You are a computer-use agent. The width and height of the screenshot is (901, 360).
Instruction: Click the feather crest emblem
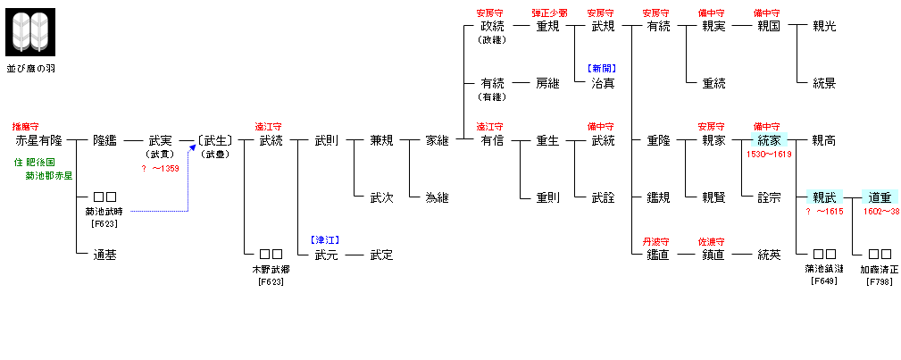click(x=30, y=32)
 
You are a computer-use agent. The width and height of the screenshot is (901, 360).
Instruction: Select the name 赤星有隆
click(x=39, y=140)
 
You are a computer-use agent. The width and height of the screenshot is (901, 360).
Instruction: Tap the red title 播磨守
click(x=26, y=127)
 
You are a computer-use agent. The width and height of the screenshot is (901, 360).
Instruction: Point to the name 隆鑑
click(x=104, y=140)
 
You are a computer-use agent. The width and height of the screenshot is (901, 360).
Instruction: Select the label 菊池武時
click(x=104, y=212)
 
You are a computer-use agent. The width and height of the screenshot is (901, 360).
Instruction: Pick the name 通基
click(x=104, y=255)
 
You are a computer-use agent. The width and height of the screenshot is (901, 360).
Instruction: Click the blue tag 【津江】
click(x=325, y=239)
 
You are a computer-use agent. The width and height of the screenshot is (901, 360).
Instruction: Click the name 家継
click(x=437, y=140)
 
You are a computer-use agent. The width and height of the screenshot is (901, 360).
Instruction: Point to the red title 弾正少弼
click(x=547, y=13)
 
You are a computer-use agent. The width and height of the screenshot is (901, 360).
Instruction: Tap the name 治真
click(x=603, y=83)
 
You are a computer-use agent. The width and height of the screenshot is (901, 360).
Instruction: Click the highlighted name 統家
click(x=769, y=140)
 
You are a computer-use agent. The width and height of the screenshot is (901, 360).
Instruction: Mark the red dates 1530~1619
click(x=769, y=154)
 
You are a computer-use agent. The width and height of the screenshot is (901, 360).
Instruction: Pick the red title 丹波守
click(x=657, y=241)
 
